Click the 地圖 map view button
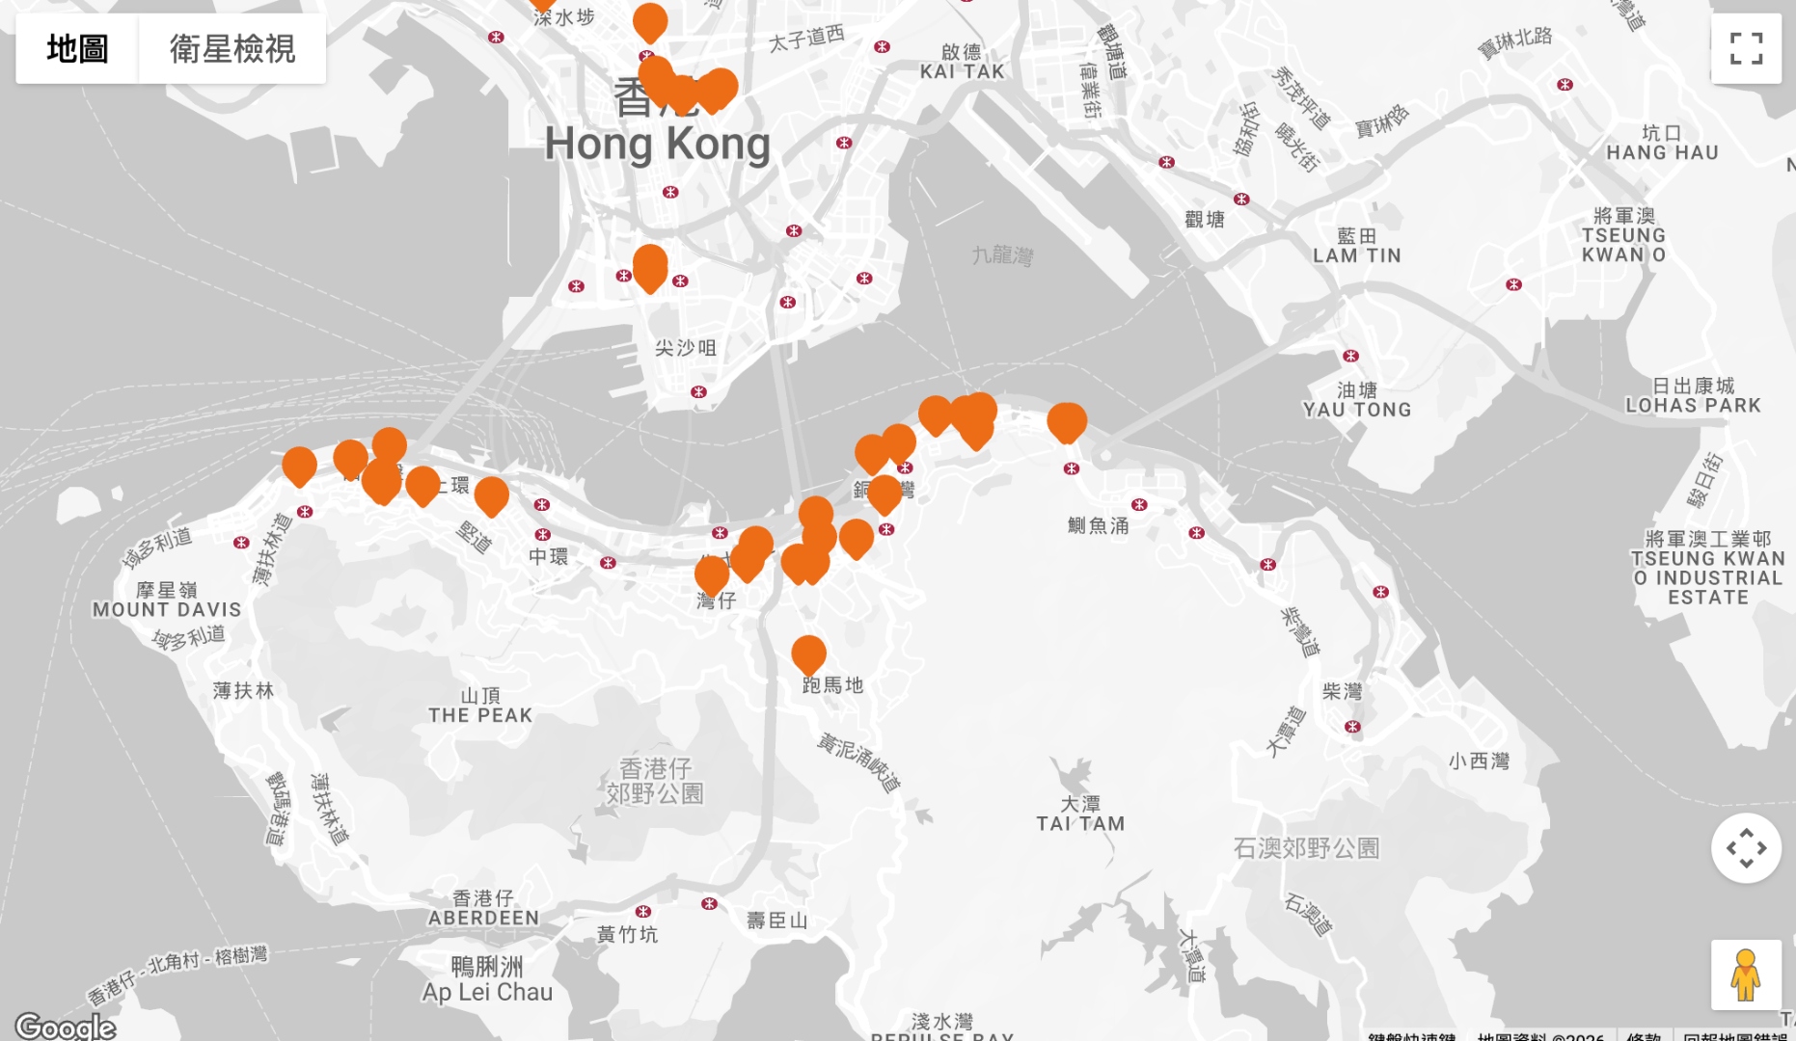click(x=77, y=48)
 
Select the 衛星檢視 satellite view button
click(x=232, y=48)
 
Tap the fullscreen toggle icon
click(x=1746, y=48)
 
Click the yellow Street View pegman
click(x=1746, y=974)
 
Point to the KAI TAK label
click(x=962, y=71)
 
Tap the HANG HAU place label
click(x=1662, y=152)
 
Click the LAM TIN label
click(x=1356, y=255)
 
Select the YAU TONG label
click(x=1357, y=410)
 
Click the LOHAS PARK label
click(x=1693, y=406)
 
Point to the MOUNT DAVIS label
click(x=167, y=609)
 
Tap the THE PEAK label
click(x=480, y=715)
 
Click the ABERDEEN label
click(x=483, y=918)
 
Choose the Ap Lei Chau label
click(x=487, y=992)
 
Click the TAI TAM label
click(x=1080, y=823)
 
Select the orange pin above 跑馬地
click(x=808, y=653)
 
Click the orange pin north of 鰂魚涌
click(x=1067, y=420)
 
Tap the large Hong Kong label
click(x=657, y=145)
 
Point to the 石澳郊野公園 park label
click(x=1306, y=848)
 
